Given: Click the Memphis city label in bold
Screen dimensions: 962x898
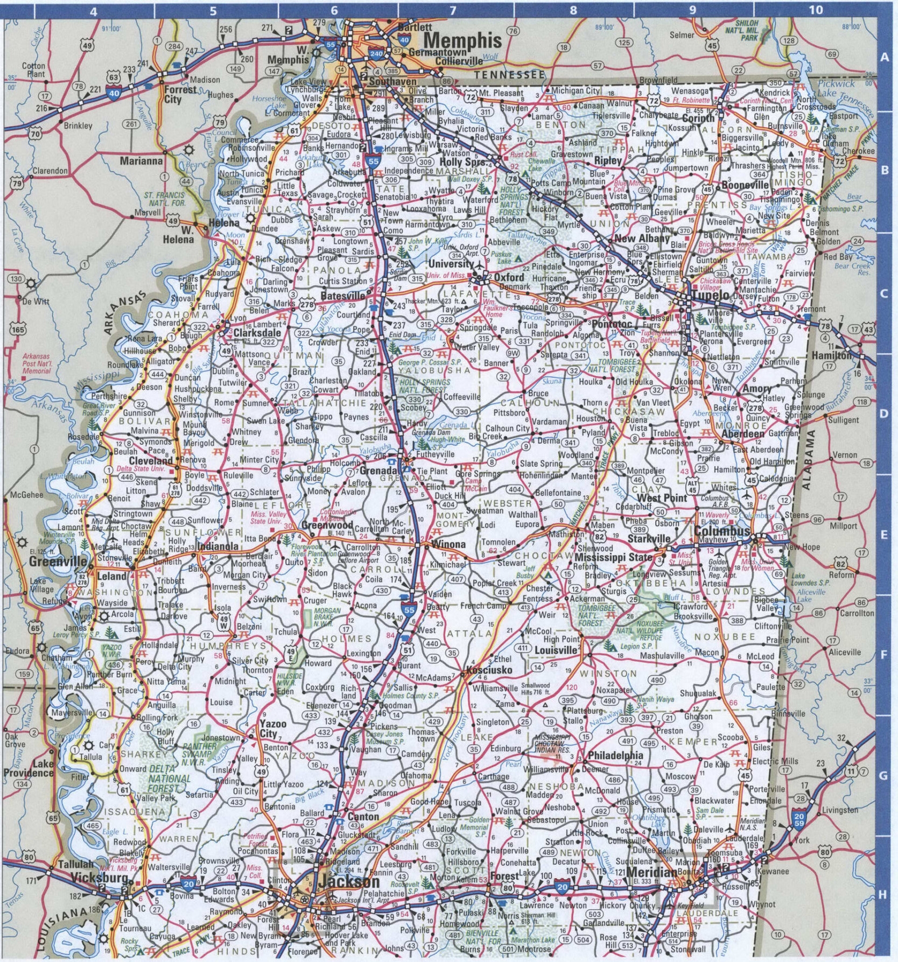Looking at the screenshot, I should [x=462, y=40].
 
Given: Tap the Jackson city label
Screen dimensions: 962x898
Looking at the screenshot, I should [x=348, y=881].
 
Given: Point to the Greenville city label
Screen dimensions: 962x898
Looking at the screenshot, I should [x=58, y=561].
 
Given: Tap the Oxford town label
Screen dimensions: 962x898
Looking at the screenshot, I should [x=509, y=277].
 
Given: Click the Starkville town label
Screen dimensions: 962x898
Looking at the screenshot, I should [x=649, y=538].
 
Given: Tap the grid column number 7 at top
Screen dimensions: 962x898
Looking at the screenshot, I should [x=453, y=10].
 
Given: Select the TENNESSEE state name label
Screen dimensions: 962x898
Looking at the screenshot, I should [x=509, y=75].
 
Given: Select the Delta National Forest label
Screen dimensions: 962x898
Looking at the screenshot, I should [x=170, y=778].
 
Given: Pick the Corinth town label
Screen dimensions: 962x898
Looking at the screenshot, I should [x=698, y=118].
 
